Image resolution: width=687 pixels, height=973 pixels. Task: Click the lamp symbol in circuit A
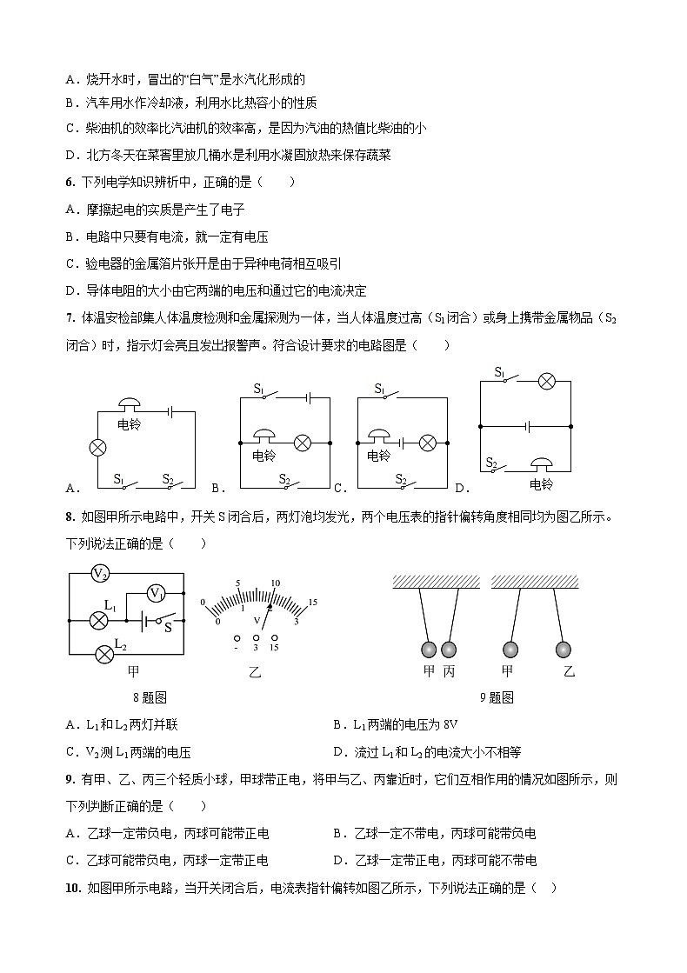(98, 449)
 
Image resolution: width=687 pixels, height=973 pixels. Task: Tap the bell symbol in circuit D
(542, 463)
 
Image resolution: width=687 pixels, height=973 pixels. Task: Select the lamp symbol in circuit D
(545, 381)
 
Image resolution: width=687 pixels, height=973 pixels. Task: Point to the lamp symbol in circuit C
(427, 443)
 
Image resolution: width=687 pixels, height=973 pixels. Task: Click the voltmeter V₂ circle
(101, 574)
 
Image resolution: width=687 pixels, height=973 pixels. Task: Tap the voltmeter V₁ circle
(155, 594)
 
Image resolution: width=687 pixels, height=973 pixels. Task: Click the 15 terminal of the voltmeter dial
(274, 637)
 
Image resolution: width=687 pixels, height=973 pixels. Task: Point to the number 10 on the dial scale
(275, 583)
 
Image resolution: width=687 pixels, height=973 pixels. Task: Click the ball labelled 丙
(449, 650)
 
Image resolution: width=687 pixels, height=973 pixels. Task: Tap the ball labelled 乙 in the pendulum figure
(564, 650)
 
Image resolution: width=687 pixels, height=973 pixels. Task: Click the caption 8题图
(150, 696)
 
